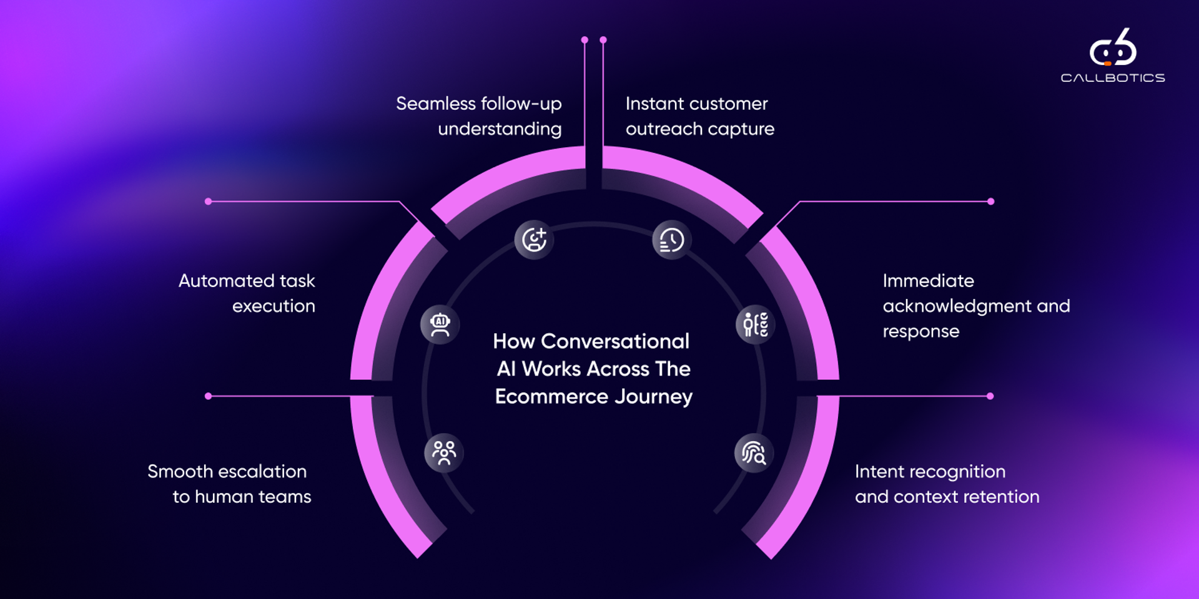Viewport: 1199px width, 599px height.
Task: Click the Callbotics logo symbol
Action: pos(1113,48)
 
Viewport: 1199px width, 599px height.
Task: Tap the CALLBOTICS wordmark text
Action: pos(1113,78)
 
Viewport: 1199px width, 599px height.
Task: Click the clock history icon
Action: pos(671,240)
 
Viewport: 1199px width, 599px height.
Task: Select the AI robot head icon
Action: pos(440,324)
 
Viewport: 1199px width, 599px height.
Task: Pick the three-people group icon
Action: pos(444,452)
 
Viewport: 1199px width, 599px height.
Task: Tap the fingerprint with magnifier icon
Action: pos(754,453)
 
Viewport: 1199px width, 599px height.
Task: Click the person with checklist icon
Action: pos(756,324)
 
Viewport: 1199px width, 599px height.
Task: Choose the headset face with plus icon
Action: pos(534,240)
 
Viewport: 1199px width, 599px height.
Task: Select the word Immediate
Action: pos(928,281)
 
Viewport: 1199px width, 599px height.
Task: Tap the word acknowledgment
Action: pos(957,306)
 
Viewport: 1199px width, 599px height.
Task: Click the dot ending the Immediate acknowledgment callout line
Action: pos(990,202)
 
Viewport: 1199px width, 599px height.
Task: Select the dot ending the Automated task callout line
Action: pos(209,202)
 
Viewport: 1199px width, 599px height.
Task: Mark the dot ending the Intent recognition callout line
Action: pos(990,396)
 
